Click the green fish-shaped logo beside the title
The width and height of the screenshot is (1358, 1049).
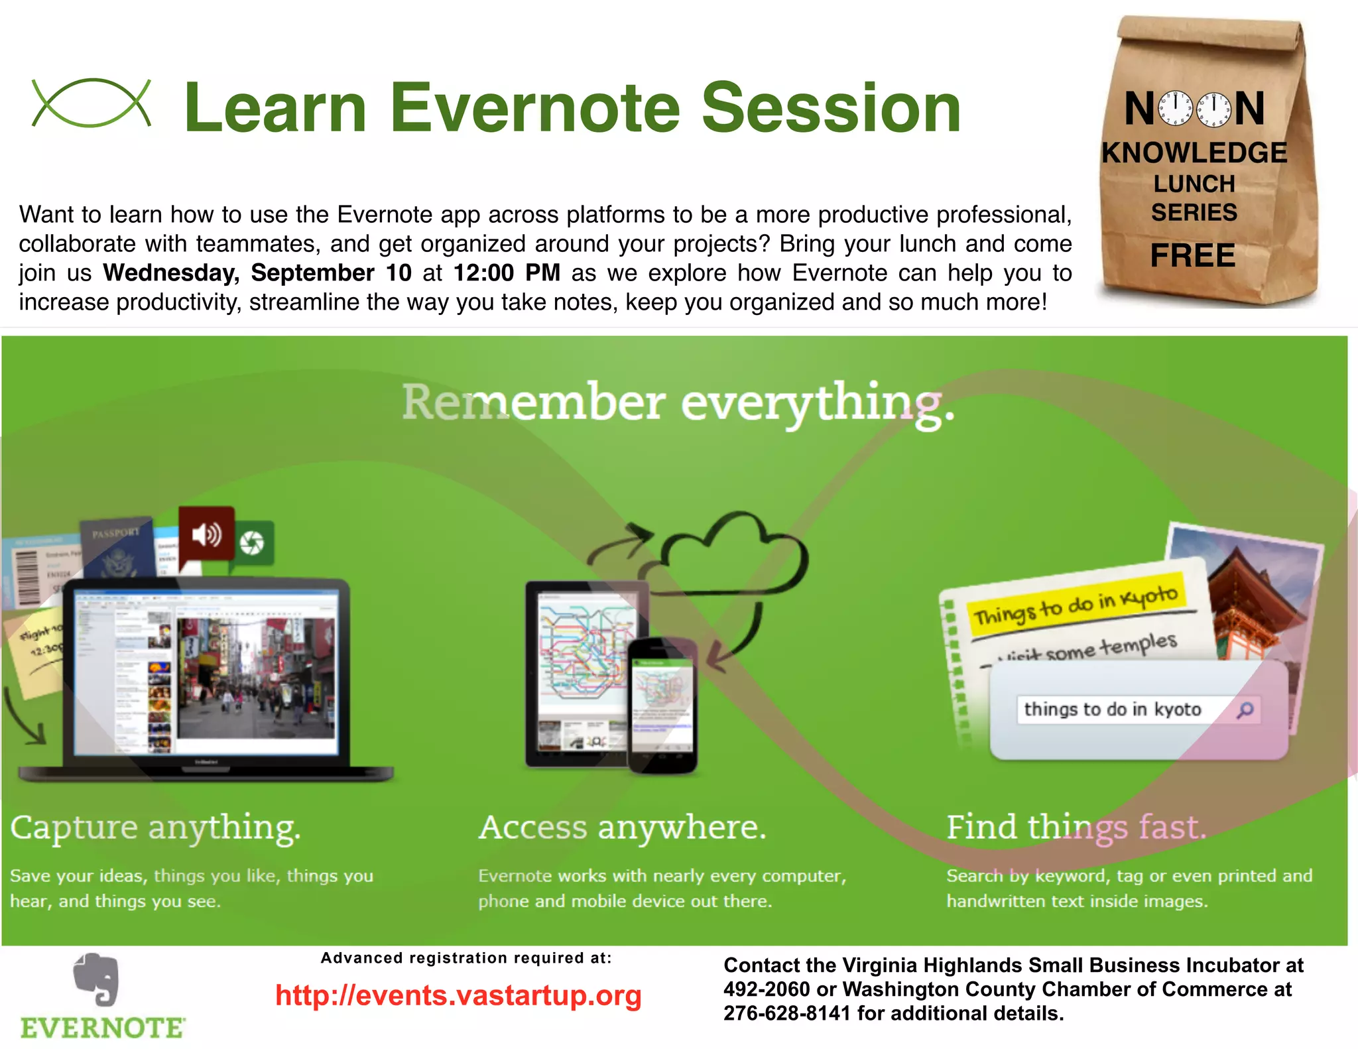tap(92, 103)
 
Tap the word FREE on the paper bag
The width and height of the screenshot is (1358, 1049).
tap(1192, 256)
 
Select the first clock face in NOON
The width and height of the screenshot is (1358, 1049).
tap(1175, 108)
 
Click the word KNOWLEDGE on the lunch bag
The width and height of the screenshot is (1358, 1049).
tap(1194, 153)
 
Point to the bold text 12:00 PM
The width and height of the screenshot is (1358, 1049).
tap(507, 273)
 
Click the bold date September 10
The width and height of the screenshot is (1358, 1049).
tap(331, 273)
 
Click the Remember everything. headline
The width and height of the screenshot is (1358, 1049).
tap(678, 403)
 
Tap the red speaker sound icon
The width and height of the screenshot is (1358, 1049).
tap(206, 533)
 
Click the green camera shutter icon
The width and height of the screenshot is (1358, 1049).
tap(252, 543)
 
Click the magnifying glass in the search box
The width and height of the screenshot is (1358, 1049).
tap(1245, 710)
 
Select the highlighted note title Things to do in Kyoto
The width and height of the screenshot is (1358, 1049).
tap(1074, 605)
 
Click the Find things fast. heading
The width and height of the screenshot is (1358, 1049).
tap(1076, 828)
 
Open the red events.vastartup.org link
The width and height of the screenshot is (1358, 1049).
tap(458, 996)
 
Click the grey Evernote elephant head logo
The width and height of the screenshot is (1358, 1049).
tap(97, 979)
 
